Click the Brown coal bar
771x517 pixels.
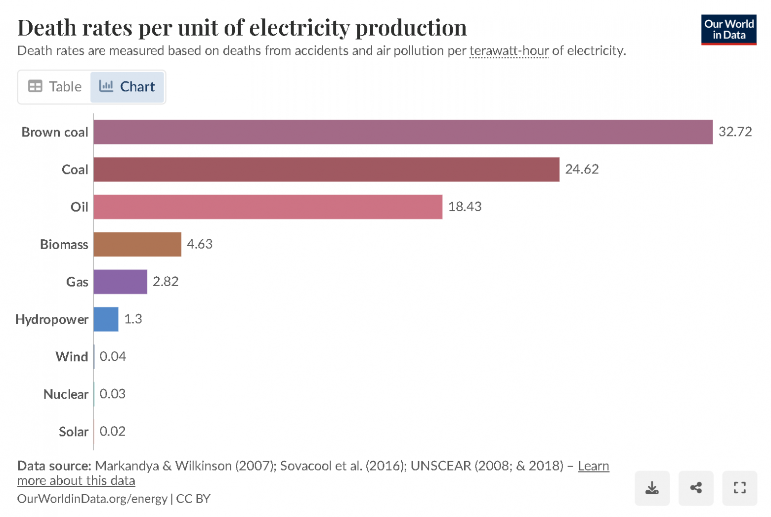click(x=403, y=132)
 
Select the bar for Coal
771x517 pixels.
click(x=326, y=170)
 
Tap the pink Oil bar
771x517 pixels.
click(x=267, y=207)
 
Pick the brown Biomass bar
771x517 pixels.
click(x=137, y=244)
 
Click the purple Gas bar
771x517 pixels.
click(x=120, y=282)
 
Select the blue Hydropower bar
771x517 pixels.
click(x=106, y=319)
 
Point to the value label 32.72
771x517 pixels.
click(x=735, y=132)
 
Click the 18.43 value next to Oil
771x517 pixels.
click(x=465, y=207)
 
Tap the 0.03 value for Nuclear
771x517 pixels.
click(x=113, y=394)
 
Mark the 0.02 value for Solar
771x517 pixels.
click(x=113, y=431)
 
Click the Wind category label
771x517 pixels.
click(x=72, y=357)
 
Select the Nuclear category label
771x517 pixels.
click(x=66, y=394)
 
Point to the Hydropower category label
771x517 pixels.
click(x=52, y=319)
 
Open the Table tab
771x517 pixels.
click(x=55, y=87)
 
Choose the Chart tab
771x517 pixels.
click(x=128, y=87)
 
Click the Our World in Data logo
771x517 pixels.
click(x=728, y=30)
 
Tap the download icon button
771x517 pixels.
click(x=652, y=488)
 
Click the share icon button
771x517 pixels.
click(x=696, y=488)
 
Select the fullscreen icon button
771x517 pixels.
click(x=739, y=488)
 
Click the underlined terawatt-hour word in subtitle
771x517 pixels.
click(x=509, y=51)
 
